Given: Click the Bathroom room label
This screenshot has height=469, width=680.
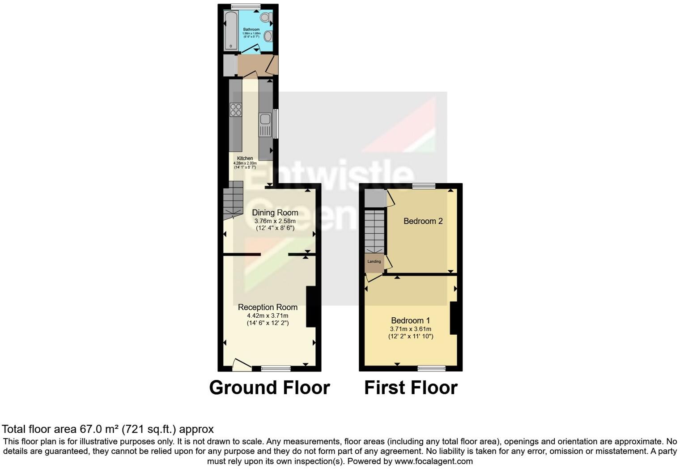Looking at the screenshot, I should coord(251,30).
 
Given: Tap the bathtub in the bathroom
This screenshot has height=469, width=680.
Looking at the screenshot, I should coord(231,30).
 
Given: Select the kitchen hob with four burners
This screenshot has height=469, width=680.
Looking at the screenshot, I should coord(236,109).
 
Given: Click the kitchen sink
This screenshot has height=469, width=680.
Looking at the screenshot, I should coord(265,119).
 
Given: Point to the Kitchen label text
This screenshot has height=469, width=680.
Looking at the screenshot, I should coord(245,158).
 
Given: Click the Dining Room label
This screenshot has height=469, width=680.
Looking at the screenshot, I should coord(275,213).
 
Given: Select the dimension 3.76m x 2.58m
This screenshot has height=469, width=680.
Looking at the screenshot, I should coord(275,221).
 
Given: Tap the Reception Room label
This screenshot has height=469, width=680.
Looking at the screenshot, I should coord(268,307).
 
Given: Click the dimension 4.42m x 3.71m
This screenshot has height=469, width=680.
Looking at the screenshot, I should coord(268,316).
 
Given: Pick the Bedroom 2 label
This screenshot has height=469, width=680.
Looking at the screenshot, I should coord(423,221).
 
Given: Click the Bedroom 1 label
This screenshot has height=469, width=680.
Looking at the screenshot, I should coord(410,320).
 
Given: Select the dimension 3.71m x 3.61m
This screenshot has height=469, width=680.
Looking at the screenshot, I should coord(410,329).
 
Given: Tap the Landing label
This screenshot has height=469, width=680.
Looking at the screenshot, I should coord(374,261).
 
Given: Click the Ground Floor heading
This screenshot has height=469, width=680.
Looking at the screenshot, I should coord(269,388).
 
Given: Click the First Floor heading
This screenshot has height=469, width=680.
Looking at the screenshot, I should coord(411,388).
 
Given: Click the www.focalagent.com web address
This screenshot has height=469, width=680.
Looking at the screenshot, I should coord(433,461).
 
